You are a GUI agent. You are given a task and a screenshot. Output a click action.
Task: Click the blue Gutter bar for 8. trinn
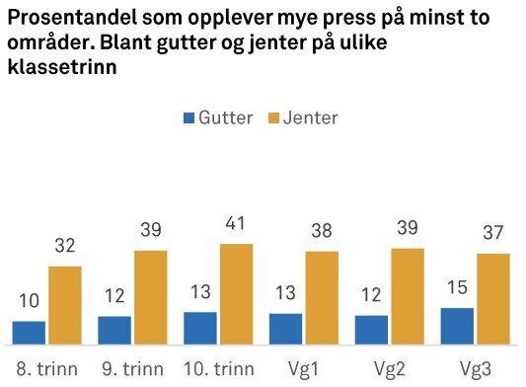(x=29, y=333)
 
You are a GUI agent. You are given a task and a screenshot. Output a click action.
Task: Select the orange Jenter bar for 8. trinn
(x=65, y=305)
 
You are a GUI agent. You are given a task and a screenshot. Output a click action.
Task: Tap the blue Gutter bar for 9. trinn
(x=114, y=331)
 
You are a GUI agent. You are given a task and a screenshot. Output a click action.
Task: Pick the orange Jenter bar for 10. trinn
(x=236, y=293)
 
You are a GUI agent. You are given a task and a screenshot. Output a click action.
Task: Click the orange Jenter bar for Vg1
(x=322, y=297)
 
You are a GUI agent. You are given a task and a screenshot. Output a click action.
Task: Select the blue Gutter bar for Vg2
(x=371, y=331)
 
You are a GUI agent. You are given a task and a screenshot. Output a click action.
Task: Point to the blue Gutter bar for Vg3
(x=457, y=327)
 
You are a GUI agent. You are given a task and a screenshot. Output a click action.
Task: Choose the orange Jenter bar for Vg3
(x=492, y=299)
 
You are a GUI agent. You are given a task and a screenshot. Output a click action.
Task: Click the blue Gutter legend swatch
(x=188, y=118)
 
